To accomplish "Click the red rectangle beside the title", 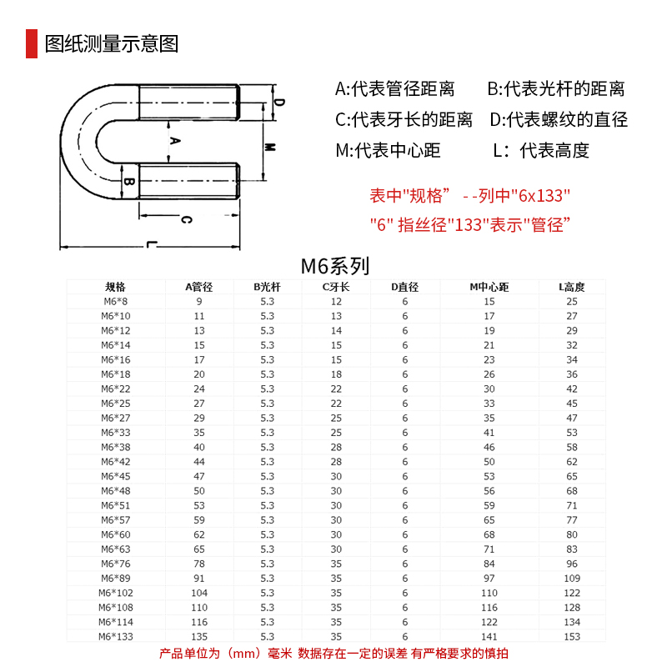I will [32, 43].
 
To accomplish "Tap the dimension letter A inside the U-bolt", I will [174, 141].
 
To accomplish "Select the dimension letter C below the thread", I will [187, 220].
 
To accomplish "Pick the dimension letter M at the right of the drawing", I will [270, 147].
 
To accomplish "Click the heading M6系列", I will [334, 267].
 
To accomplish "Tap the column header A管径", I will [199, 287].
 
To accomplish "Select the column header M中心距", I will [489, 287].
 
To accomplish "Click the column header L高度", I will [572, 287].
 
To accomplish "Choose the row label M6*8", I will [116, 301].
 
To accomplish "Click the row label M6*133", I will [116, 637].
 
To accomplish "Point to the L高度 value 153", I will [572, 637].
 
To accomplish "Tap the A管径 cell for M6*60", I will [199, 534].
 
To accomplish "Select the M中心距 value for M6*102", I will [489, 593].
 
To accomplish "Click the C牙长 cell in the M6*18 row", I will [336, 374].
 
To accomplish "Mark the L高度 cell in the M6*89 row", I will [572, 579].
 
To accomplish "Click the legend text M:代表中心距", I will [388, 151].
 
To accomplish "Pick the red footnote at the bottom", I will [333, 654].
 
